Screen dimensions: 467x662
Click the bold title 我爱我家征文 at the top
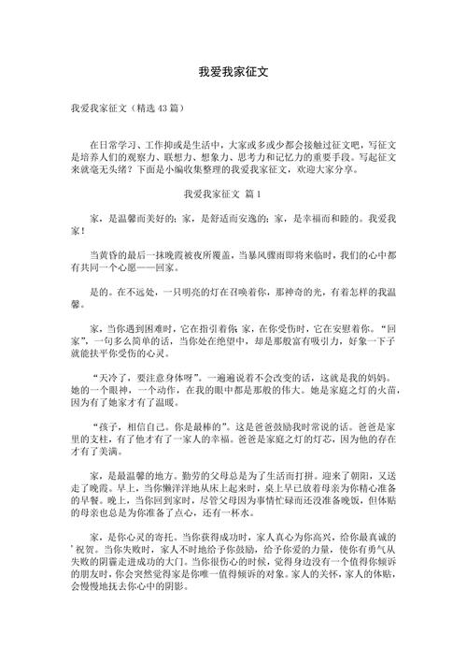[233, 71]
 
